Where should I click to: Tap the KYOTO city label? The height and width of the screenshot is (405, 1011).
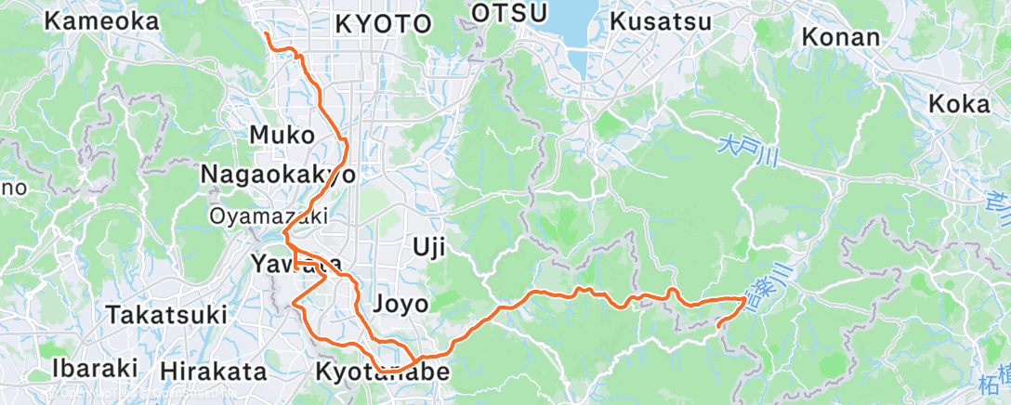click(383, 24)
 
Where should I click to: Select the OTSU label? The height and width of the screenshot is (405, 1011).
click(505, 12)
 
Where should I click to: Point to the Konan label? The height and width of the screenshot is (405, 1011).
click(840, 37)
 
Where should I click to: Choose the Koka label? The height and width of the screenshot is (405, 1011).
click(959, 104)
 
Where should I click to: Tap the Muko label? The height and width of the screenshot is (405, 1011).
click(282, 135)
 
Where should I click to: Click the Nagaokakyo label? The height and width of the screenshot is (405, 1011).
click(277, 174)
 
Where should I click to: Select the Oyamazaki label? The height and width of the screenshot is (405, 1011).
click(269, 216)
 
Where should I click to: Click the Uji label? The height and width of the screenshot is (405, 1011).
click(429, 248)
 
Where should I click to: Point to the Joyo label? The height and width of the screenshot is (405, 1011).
click(400, 303)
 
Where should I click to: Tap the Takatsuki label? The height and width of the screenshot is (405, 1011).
click(166, 314)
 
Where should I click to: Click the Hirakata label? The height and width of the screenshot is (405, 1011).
click(213, 372)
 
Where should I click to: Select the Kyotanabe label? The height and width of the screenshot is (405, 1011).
click(383, 373)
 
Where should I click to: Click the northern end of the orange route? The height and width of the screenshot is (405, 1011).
click(267, 34)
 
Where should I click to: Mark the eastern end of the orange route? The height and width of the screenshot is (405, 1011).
click(719, 324)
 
